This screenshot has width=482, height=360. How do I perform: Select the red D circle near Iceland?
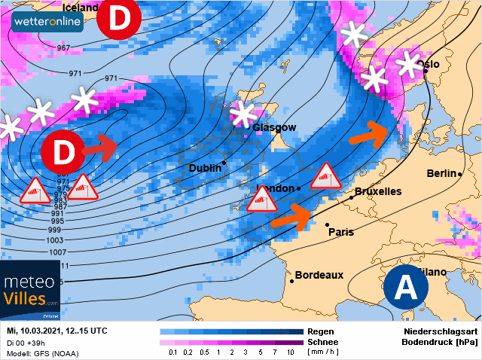coord(119,19)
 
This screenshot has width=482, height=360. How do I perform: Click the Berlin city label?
coord(442,174)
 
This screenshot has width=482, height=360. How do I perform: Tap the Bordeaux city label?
coord(319,276)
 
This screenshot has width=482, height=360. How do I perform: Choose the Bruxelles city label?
coord(377,191)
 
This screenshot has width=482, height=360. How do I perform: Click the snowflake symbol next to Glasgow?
coord(243,114)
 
